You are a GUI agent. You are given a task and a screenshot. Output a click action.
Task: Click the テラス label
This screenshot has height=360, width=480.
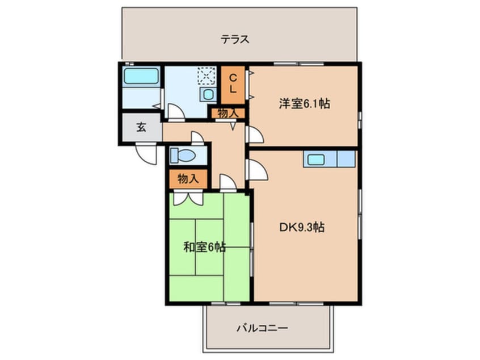[235, 40]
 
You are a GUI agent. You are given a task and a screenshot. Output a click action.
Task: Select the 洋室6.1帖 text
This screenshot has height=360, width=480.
[304, 104]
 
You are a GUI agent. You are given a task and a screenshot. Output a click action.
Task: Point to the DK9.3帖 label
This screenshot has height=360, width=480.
[301, 227]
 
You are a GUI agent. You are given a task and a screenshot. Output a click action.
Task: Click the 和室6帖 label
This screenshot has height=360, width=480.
[205, 247]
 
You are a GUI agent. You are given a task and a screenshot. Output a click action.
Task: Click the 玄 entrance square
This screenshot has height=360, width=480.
[141, 128]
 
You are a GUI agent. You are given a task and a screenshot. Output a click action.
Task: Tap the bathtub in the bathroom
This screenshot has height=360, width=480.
[141, 76]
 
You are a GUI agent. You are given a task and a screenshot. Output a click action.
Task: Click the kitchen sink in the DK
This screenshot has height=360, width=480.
[316, 160]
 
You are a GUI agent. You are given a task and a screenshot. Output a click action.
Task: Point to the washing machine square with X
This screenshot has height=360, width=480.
[206, 76]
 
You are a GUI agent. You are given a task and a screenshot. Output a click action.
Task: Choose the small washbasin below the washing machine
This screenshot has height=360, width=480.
[208, 95]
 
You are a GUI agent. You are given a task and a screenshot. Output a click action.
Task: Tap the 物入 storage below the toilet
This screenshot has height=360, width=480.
[188, 179]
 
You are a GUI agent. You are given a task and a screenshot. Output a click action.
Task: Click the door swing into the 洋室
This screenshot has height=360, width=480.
[255, 135]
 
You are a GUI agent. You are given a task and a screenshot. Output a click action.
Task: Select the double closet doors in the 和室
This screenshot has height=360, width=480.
[188, 198]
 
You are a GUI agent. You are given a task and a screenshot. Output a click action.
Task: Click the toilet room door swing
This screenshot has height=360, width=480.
[197, 138]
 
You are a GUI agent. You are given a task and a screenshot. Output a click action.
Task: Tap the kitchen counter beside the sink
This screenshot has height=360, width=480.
[346, 159]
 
